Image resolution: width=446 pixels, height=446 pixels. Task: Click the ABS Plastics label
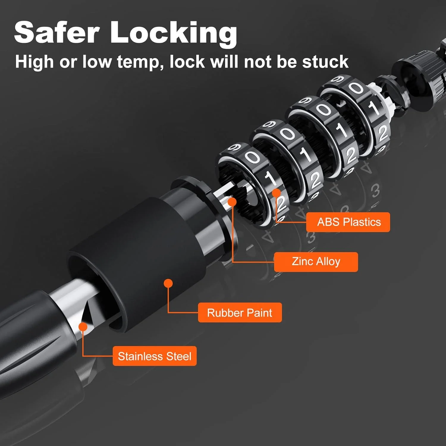[x=348, y=222]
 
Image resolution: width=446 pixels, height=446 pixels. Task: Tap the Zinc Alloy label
[x=316, y=262]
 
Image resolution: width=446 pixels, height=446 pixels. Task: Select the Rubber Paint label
[x=240, y=312]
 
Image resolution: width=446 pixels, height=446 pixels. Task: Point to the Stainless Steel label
[x=155, y=356]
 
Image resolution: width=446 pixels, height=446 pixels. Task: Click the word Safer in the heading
[x=56, y=32]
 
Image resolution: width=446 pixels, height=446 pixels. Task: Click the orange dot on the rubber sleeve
[x=168, y=283]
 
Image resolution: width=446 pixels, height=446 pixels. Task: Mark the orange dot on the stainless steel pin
[x=83, y=327]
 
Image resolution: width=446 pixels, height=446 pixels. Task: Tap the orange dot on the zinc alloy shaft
[x=232, y=202]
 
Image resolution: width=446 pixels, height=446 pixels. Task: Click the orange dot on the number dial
[x=277, y=193]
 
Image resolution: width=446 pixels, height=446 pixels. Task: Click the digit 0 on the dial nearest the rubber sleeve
[x=253, y=157]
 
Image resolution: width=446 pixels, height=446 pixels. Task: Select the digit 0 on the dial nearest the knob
[x=356, y=88]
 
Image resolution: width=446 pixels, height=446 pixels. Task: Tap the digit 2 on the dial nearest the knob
[x=382, y=133]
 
